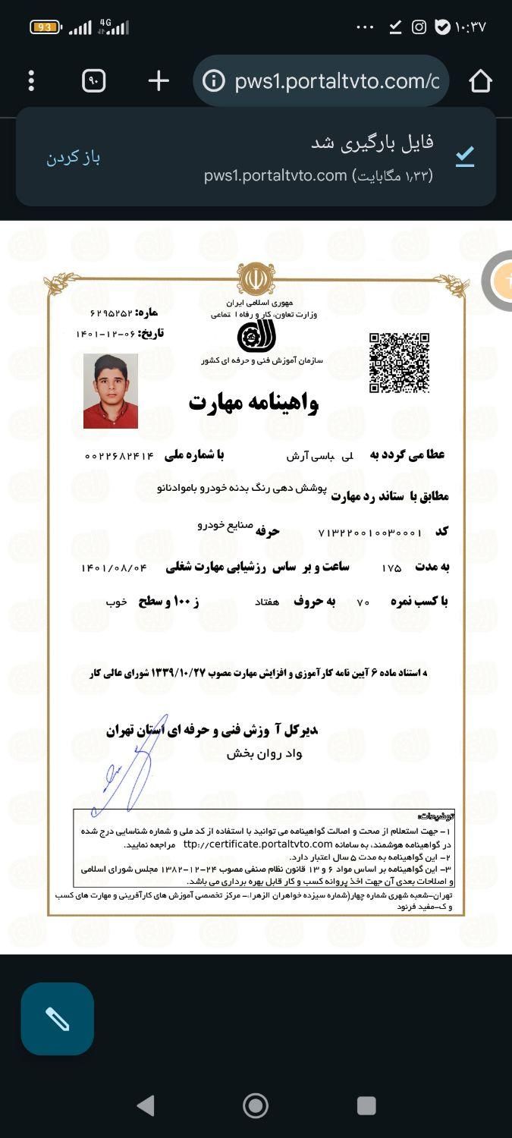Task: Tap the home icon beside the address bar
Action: [x=481, y=80]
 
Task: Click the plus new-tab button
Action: [x=159, y=80]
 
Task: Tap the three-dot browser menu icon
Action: [x=31, y=80]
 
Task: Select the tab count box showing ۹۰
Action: [x=94, y=80]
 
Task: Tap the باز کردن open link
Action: [x=73, y=158]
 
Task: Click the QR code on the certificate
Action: [x=399, y=363]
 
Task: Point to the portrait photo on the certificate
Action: [x=111, y=391]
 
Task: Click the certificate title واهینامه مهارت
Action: [x=253, y=402]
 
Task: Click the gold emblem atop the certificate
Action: [x=256, y=279]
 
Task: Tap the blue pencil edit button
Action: [x=58, y=1019]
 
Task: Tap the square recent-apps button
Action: [x=366, y=1105]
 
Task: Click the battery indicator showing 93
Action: [x=45, y=27]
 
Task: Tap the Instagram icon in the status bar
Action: [x=419, y=27]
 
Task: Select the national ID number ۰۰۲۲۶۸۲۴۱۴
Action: [x=119, y=456]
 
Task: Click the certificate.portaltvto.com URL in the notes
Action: [x=258, y=844]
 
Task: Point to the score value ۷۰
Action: [x=363, y=602]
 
